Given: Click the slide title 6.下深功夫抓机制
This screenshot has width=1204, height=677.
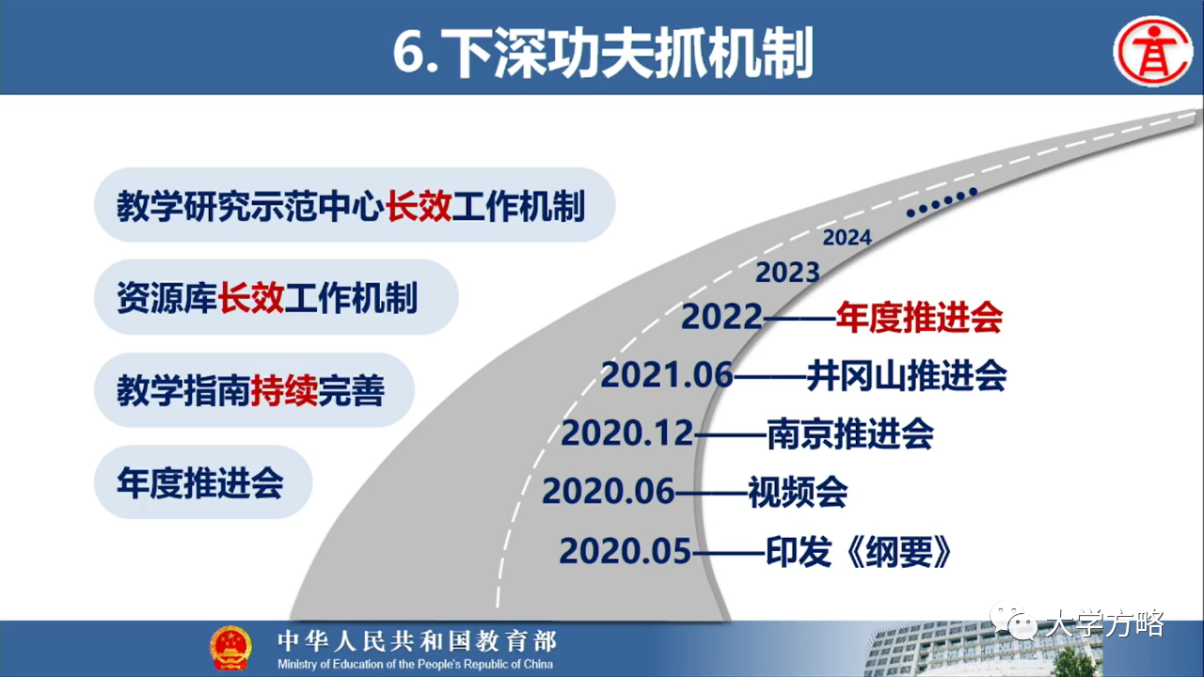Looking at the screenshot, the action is [x=603, y=53].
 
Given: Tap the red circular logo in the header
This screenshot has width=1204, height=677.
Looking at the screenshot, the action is [x=1153, y=52].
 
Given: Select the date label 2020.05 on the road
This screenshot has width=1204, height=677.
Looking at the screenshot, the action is [x=626, y=552].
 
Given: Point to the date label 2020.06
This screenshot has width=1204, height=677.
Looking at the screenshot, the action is [x=608, y=492].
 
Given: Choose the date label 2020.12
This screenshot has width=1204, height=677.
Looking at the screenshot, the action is [x=627, y=433].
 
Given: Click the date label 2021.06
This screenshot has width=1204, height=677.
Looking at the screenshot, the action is [x=667, y=374].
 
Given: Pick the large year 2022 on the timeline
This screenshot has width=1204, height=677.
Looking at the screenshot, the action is [x=721, y=317].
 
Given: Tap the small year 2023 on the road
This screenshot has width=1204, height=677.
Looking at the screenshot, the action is [x=787, y=273].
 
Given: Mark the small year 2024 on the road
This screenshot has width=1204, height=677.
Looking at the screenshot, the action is [x=848, y=238].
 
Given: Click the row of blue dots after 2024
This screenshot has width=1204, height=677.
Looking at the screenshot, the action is [x=942, y=202].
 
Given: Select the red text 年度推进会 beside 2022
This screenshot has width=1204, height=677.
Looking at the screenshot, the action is [x=919, y=318].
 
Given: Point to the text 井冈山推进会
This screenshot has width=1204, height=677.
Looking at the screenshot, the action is [x=906, y=375].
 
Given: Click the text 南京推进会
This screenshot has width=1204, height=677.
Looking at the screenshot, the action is [x=850, y=434].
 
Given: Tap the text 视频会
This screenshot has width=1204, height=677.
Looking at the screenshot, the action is [x=799, y=492].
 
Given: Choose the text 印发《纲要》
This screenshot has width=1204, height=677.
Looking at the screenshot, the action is [x=859, y=552].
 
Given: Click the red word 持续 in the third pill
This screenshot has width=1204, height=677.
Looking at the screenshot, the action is [x=284, y=390].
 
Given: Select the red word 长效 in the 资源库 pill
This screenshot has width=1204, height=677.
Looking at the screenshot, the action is [x=250, y=298].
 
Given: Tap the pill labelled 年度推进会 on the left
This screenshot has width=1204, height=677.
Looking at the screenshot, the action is [x=203, y=482].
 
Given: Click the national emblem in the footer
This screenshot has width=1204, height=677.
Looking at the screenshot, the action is [x=230, y=648].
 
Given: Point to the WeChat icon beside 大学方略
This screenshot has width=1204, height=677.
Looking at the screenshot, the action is [x=1014, y=622].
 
